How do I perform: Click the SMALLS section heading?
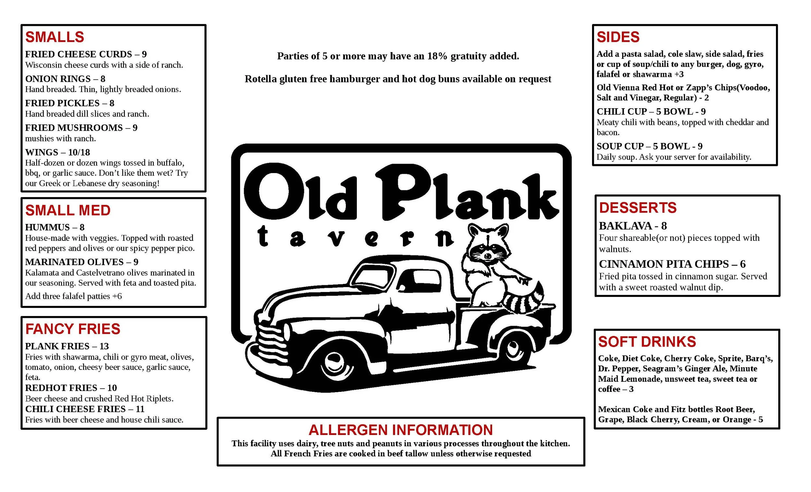click(x=54, y=37)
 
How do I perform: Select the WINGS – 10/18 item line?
click(x=57, y=152)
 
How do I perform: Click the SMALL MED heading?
click(x=68, y=210)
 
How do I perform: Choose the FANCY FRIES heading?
click(x=73, y=329)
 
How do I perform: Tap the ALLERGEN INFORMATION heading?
click(x=401, y=430)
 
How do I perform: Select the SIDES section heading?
click(x=618, y=37)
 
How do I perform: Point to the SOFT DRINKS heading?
click(x=647, y=342)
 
